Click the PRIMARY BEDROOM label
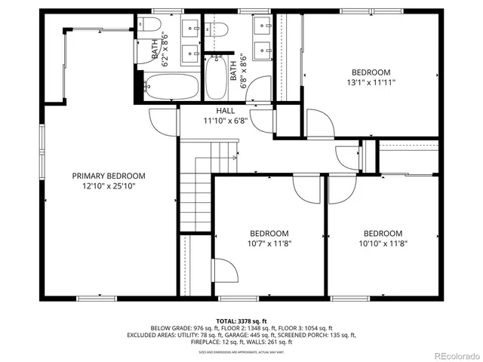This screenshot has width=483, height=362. (109, 176)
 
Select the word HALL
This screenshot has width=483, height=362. (226, 111)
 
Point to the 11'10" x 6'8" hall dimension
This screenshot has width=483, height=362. (226, 121)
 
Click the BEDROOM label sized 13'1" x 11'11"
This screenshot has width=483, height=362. (372, 72)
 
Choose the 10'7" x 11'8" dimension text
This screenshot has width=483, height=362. (269, 244)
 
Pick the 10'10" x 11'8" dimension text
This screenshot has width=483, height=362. (383, 244)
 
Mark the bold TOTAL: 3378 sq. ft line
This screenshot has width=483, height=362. (241, 321)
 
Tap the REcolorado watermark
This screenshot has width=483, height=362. (455, 355)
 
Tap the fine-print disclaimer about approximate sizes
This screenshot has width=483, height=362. (241, 351)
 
